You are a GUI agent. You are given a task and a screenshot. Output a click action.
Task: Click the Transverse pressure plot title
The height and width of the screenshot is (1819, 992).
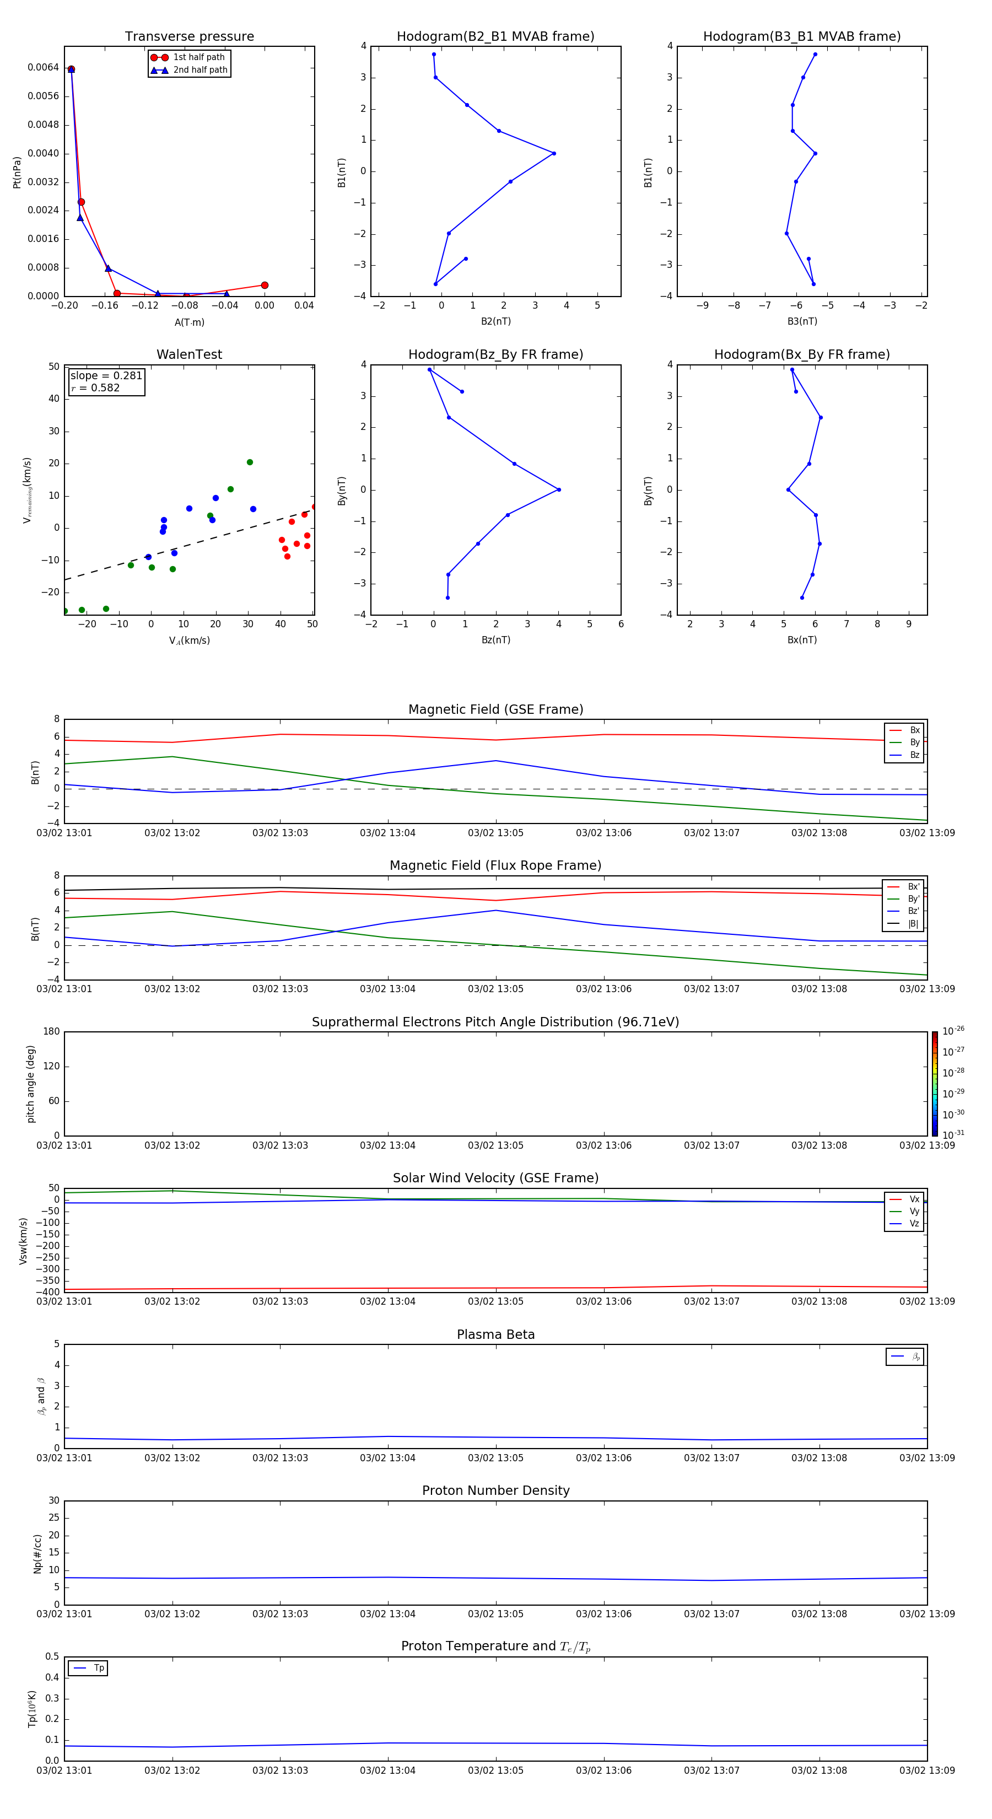coord(189,37)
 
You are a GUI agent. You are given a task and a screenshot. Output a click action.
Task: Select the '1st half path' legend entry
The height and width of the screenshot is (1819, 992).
coord(198,57)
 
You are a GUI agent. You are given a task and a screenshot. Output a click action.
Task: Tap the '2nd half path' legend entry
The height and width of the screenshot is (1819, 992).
coord(200,70)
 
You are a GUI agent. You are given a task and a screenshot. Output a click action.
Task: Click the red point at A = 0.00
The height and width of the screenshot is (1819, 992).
coord(265,286)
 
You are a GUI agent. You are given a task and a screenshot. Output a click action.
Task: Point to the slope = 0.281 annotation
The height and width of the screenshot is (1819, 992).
coord(106,376)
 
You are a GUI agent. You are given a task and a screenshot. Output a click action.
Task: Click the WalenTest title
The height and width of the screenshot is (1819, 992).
coord(189,354)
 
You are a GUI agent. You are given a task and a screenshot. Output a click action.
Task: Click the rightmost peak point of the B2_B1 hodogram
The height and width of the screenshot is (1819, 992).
coord(553,153)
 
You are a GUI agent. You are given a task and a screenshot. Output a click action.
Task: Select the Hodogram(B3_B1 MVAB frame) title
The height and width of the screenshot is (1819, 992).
coord(801,37)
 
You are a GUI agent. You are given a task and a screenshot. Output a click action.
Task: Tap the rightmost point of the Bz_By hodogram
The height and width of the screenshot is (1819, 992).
coord(558,489)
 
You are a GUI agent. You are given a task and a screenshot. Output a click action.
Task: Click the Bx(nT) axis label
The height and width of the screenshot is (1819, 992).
coord(801,640)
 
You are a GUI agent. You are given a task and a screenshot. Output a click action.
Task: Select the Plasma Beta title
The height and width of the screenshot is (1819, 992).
coord(495,1334)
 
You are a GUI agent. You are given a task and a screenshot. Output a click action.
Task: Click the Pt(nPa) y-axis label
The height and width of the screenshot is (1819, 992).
coord(17,173)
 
